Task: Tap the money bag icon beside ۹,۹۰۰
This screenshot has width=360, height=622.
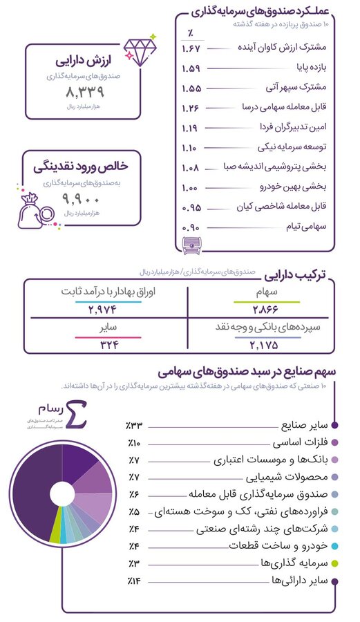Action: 35,206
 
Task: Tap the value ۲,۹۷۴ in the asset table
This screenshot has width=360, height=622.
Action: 105,309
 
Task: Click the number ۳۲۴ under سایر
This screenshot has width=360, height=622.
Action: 105,343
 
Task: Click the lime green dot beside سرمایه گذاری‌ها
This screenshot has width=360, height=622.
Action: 334,564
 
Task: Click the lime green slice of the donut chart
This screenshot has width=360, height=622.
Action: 55,531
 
